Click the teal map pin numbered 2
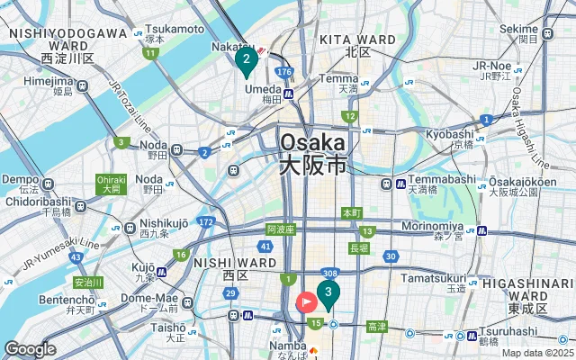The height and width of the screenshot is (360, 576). tap(244, 60)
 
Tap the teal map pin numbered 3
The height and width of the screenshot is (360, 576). tap(328, 292)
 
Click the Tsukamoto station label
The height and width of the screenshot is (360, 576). tap(178, 28)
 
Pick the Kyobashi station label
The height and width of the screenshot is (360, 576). tap(450, 133)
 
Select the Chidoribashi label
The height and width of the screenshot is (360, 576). tap(39, 202)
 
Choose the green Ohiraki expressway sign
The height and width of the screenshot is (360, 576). tap(111, 184)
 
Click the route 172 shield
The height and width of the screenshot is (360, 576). tap(206, 220)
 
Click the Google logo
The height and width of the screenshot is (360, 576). tap(30, 349)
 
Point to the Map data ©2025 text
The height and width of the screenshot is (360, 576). tap(536, 353)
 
